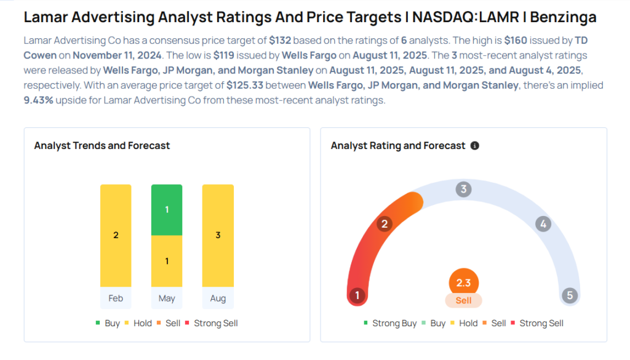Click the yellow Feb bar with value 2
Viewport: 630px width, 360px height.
pyautogui.click(x=116, y=235)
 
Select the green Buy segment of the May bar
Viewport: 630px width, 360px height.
pyautogui.click(x=167, y=210)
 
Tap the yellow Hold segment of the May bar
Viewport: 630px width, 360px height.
pyautogui.click(x=167, y=261)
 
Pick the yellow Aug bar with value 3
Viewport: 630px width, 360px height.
pyautogui.click(x=218, y=235)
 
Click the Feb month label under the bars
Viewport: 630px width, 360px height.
pyautogui.click(x=116, y=298)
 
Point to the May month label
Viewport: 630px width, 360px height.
pyautogui.click(x=167, y=298)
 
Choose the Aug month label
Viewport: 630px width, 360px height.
pyautogui.click(x=218, y=298)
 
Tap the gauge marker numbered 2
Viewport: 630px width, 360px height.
pyautogui.click(x=385, y=223)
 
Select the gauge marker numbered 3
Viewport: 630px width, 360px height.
pyautogui.click(x=464, y=189)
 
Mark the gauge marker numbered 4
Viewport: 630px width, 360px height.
pyautogui.click(x=543, y=224)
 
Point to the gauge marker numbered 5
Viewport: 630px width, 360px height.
pyautogui.click(x=570, y=295)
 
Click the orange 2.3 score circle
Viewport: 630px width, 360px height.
pyautogui.click(x=463, y=284)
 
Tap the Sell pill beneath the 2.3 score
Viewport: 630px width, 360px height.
pyautogui.click(x=463, y=300)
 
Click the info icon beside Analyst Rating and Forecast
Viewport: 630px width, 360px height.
pyautogui.click(x=474, y=146)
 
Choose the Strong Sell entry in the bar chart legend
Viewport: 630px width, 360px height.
pyautogui.click(x=215, y=323)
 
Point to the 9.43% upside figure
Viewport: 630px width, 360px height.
pyautogui.click(x=39, y=100)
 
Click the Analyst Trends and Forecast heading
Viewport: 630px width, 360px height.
pyautogui.click(x=102, y=146)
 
